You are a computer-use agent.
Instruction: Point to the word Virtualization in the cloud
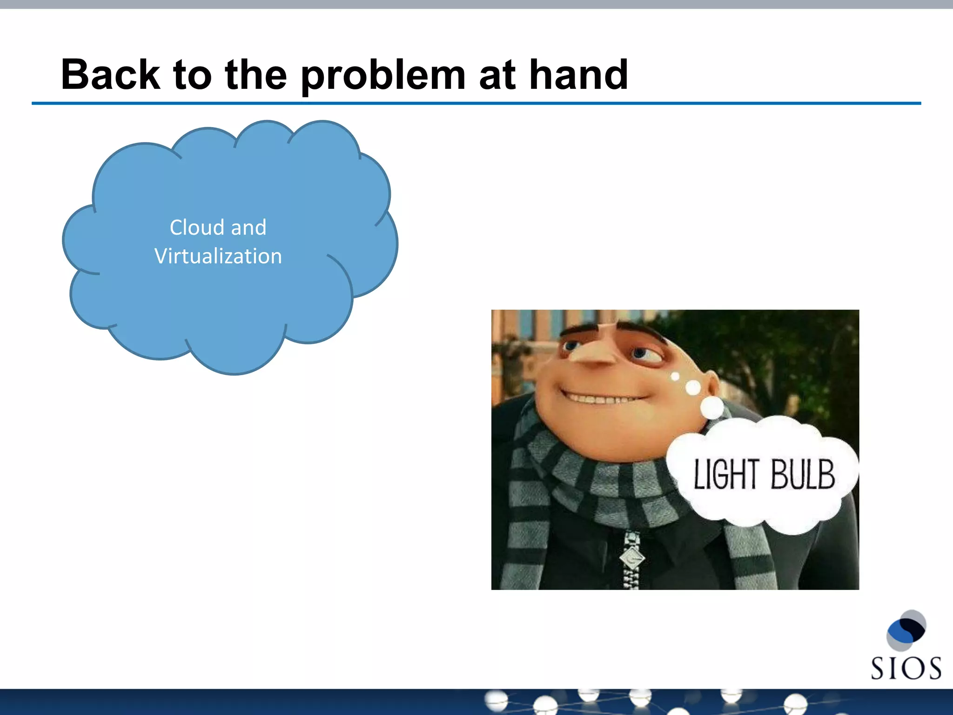coord(218,256)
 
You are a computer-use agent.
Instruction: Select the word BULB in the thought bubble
coord(802,474)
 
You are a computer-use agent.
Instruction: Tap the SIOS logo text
coord(906,668)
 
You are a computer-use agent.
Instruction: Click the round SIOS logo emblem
coord(906,630)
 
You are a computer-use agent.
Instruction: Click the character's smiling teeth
coord(600,399)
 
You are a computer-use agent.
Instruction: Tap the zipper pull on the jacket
coord(632,556)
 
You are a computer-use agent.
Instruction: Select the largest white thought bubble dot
coord(712,407)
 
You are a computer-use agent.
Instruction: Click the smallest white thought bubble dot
coord(675,376)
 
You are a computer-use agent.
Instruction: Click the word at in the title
coord(497,75)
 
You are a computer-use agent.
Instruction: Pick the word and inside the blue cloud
coord(248,228)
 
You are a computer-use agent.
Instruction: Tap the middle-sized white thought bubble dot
coord(693,387)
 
